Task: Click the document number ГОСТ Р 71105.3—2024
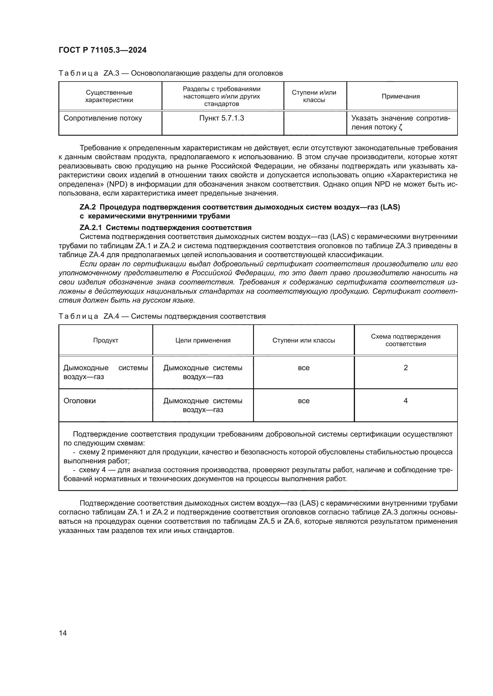point(103,50)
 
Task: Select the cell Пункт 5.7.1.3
point(221,118)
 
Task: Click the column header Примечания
point(401,96)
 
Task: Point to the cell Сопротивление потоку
point(103,118)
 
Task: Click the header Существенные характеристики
point(109,96)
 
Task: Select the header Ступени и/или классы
point(314,96)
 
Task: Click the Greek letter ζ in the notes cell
point(400,127)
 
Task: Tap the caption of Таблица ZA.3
point(170,73)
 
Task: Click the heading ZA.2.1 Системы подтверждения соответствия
point(165,228)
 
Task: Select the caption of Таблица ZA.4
point(162,317)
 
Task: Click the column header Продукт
point(106,340)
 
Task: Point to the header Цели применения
point(203,340)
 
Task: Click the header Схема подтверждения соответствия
point(406,340)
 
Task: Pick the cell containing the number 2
point(406,368)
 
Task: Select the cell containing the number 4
point(406,401)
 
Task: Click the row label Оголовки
point(80,401)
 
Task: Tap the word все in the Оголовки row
point(303,401)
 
